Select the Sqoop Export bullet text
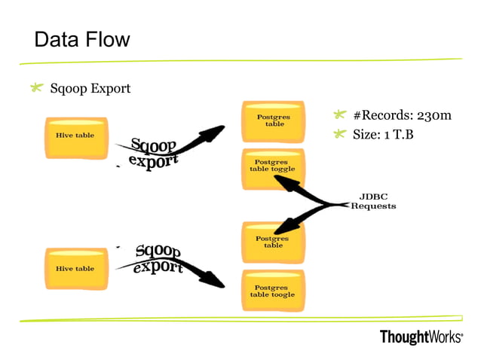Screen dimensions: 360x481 pyautogui.click(x=90, y=89)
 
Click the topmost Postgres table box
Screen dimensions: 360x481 pyautogui.click(x=273, y=121)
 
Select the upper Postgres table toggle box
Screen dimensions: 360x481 pyautogui.click(x=273, y=166)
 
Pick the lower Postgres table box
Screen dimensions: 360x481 pyautogui.click(x=273, y=242)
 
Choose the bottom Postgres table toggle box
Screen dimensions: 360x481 pyautogui.click(x=273, y=290)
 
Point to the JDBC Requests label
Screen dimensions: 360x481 pyautogui.click(x=372, y=201)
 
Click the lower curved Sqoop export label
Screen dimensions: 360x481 pyautogui.click(x=158, y=259)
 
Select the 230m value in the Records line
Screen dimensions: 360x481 pyautogui.click(x=434, y=115)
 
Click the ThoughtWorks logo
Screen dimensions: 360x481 pyautogui.click(x=421, y=337)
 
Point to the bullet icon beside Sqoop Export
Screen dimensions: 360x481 pyautogui.click(x=35, y=89)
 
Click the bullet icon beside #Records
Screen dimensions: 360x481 pyautogui.click(x=339, y=115)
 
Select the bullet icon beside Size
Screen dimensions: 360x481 pyautogui.click(x=339, y=135)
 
